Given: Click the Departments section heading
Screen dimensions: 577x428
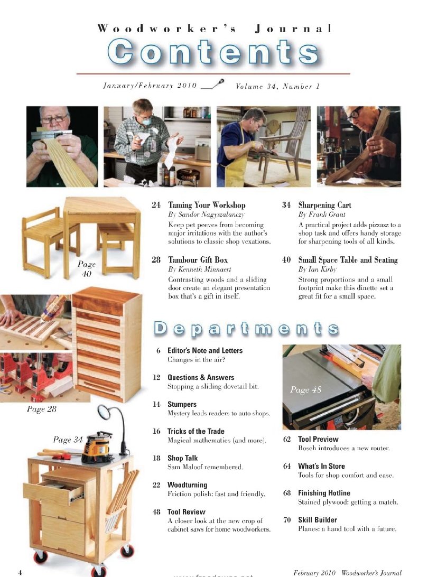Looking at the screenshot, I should click(246, 329).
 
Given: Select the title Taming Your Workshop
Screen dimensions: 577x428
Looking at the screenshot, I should click(207, 205).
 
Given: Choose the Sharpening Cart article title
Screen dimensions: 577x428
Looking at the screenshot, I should click(324, 205).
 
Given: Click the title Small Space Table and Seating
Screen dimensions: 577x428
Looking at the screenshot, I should click(348, 260).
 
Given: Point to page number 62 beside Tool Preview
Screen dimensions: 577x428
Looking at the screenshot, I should click(287, 439).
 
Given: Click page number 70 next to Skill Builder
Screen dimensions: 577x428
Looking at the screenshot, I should click(287, 520).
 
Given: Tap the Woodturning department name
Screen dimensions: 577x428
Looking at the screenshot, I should click(187, 485).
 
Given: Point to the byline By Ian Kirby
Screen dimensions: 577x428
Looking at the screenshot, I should click(317, 269).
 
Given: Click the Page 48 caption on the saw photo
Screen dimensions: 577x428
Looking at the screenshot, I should click(306, 390).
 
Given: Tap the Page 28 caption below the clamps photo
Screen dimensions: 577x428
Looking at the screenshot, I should click(41, 409).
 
